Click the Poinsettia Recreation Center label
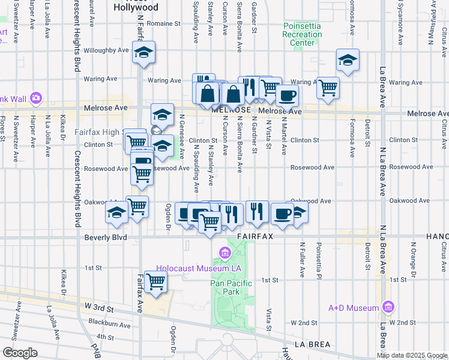click(302, 34)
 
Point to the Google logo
click(20, 353)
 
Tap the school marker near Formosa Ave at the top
click(348, 60)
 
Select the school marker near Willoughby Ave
click(144, 52)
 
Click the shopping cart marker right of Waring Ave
click(328, 88)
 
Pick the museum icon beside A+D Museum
click(388, 307)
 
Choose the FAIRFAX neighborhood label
click(255, 237)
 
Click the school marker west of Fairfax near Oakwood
click(116, 212)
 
